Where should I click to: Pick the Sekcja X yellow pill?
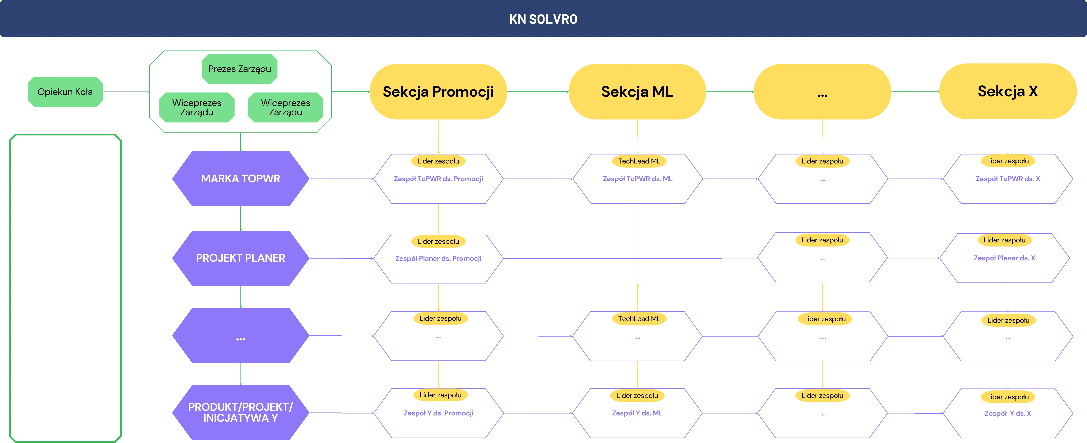pyautogui.click(x=1008, y=91)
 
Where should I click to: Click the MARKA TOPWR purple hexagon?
pyautogui.click(x=241, y=179)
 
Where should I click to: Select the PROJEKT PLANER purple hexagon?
pyautogui.click(x=241, y=258)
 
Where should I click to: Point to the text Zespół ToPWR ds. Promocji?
pyautogui.click(x=438, y=179)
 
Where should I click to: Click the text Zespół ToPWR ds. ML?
pyautogui.click(x=637, y=179)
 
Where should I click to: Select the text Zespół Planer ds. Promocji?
pyautogui.click(x=438, y=258)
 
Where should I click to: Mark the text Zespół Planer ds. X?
pyautogui.click(x=1004, y=258)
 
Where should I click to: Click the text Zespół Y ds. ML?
pyautogui.click(x=637, y=413)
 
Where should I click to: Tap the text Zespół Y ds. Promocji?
pyautogui.click(x=438, y=413)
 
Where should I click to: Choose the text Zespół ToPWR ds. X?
pyautogui.click(x=1008, y=179)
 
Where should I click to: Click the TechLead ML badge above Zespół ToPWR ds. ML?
pyautogui.click(x=639, y=161)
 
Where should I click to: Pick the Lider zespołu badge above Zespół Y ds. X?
pyautogui.click(x=1008, y=397)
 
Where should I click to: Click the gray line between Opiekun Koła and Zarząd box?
pyautogui.click(x=126, y=91)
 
